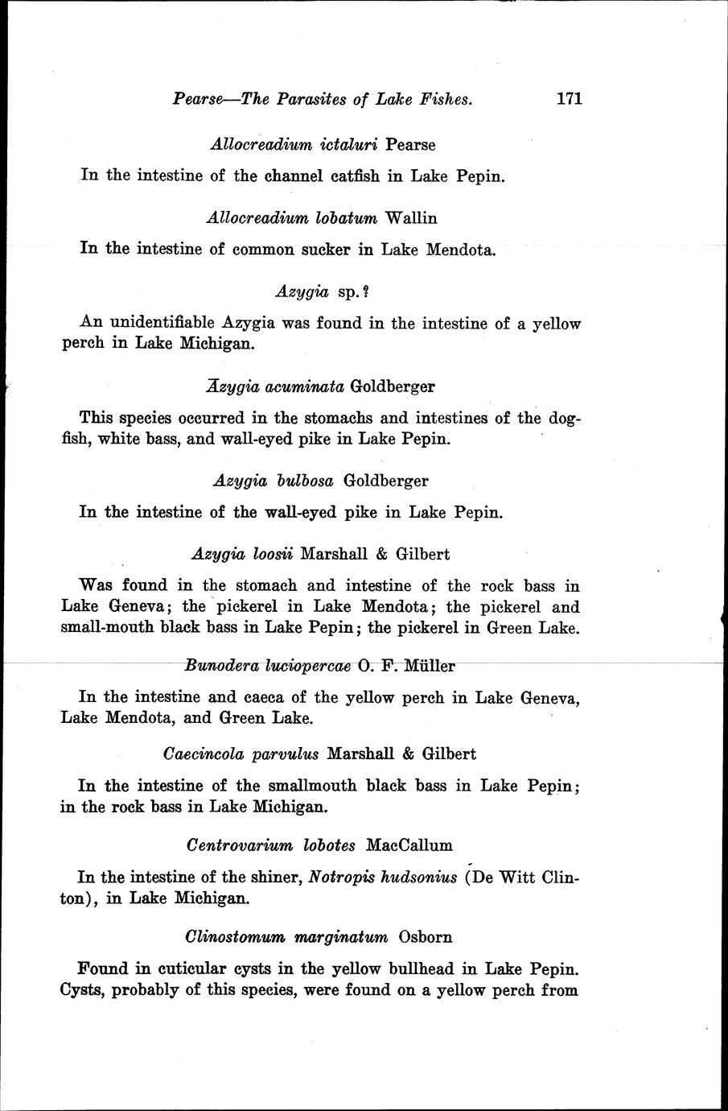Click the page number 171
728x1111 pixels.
tap(568, 99)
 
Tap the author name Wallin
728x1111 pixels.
tap(411, 217)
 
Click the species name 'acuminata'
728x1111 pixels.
tap(303, 386)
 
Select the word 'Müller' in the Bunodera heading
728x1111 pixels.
tap(429, 666)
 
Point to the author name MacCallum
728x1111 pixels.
tap(409, 845)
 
